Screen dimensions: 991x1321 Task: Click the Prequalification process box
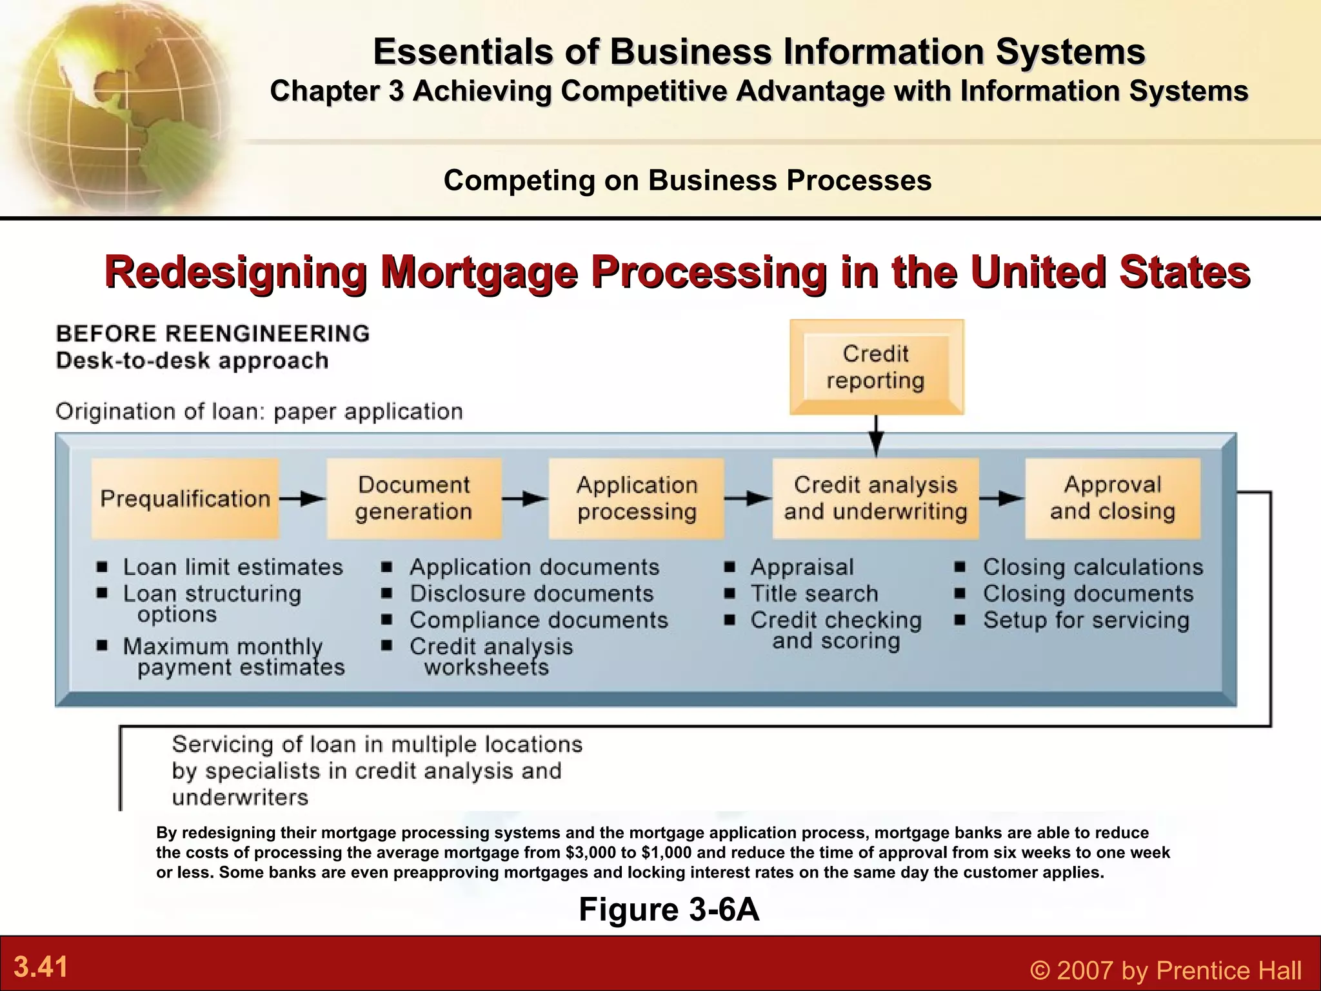(x=185, y=499)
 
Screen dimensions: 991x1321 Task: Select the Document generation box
(x=414, y=499)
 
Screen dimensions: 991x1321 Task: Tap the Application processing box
(x=637, y=499)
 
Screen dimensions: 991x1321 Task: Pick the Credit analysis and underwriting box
(x=875, y=499)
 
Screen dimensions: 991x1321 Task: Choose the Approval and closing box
(x=1113, y=499)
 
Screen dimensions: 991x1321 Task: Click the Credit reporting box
(x=876, y=367)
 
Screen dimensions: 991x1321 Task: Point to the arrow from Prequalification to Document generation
(x=303, y=499)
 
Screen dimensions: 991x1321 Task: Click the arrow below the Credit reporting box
(x=876, y=436)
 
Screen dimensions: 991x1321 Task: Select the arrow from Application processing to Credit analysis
(x=748, y=499)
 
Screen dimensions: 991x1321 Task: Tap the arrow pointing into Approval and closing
(x=1001, y=499)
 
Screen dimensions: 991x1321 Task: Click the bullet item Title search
(x=814, y=594)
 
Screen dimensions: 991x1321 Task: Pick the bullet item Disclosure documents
(x=531, y=594)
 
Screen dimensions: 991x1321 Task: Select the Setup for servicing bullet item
(x=1086, y=620)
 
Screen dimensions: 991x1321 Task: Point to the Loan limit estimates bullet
(x=233, y=567)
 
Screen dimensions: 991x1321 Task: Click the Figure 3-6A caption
(x=669, y=910)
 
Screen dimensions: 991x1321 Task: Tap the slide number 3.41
(x=41, y=968)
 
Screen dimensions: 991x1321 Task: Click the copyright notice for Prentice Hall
(x=1166, y=970)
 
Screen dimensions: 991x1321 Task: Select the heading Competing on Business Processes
(x=688, y=180)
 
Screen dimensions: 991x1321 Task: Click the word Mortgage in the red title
(x=479, y=272)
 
